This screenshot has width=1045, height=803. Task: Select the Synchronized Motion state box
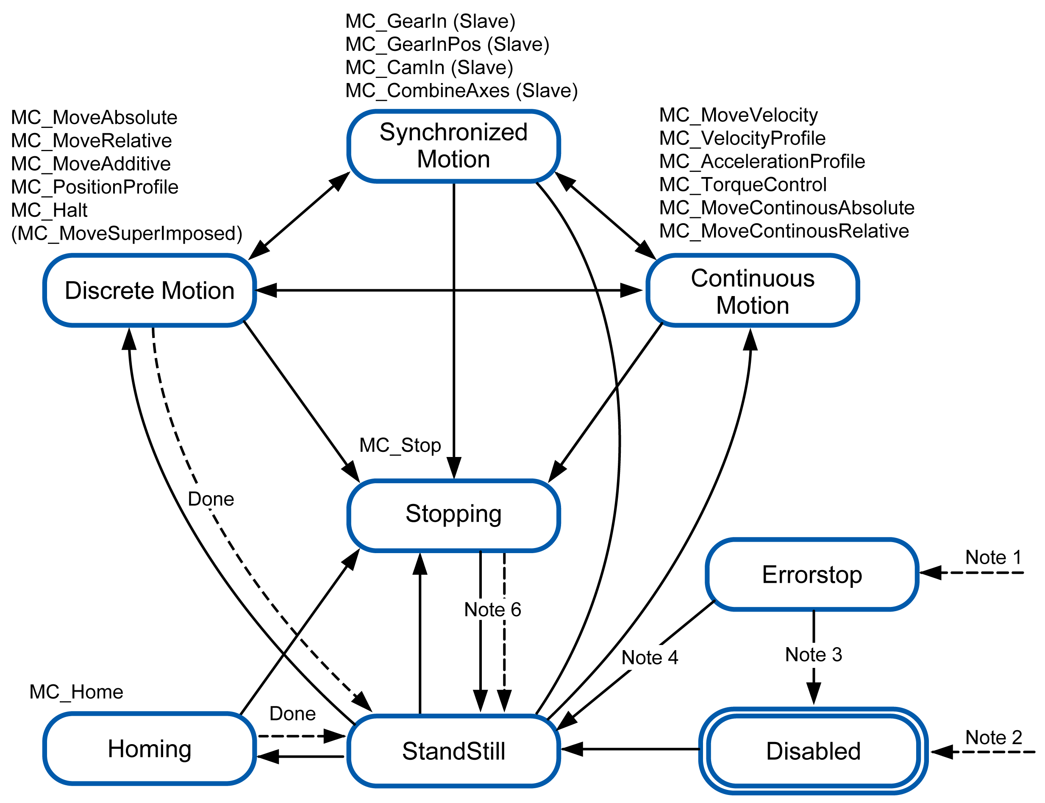(453, 146)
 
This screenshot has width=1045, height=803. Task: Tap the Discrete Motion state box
(149, 290)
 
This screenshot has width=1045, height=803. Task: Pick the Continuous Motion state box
(752, 291)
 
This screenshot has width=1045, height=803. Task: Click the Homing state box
(149, 748)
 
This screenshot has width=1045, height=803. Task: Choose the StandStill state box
(453, 751)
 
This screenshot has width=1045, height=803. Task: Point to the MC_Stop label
(400, 445)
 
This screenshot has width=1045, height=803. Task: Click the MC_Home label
(76, 692)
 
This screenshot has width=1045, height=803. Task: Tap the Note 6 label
(492, 609)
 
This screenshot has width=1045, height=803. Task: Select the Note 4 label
(649, 657)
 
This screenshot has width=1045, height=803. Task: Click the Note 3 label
(813, 654)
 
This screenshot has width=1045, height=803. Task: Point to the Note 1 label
(993, 557)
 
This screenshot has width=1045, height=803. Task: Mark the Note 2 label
(993, 737)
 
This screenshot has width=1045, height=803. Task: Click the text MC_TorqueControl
(742, 185)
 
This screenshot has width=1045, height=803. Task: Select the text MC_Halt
(49, 210)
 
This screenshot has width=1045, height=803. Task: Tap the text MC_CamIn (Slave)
(429, 67)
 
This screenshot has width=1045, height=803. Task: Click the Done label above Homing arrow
(292, 714)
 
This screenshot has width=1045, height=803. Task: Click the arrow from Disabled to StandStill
(631, 749)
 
